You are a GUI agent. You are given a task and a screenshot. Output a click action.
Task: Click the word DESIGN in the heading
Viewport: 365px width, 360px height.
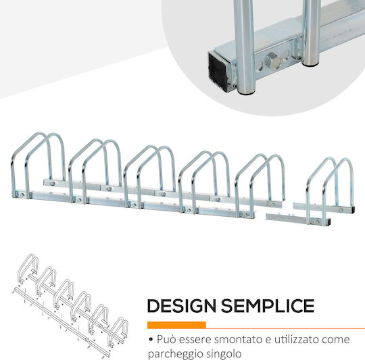click(x=182, y=305)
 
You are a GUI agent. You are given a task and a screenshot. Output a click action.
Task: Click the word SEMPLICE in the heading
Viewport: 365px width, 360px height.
click(x=268, y=305)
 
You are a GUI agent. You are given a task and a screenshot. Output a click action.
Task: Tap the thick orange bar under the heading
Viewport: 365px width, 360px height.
click(x=176, y=325)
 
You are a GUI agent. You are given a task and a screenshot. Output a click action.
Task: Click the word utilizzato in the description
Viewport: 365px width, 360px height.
click(x=296, y=339)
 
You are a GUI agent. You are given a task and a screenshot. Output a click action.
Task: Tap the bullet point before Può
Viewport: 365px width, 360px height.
click(x=151, y=340)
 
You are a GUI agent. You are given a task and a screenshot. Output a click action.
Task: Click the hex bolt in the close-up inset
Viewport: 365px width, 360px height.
click(x=274, y=60)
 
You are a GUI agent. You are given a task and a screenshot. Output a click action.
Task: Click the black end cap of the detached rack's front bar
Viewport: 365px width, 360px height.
click(x=328, y=222)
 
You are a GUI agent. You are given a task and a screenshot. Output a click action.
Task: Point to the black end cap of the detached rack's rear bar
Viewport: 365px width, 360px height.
click(x=353, y=210)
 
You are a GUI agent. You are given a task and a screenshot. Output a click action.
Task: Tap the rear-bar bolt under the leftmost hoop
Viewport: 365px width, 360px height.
click(x=53, y=184)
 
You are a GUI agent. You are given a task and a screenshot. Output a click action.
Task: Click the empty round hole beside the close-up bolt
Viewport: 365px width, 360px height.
click(x=286, y=55)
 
